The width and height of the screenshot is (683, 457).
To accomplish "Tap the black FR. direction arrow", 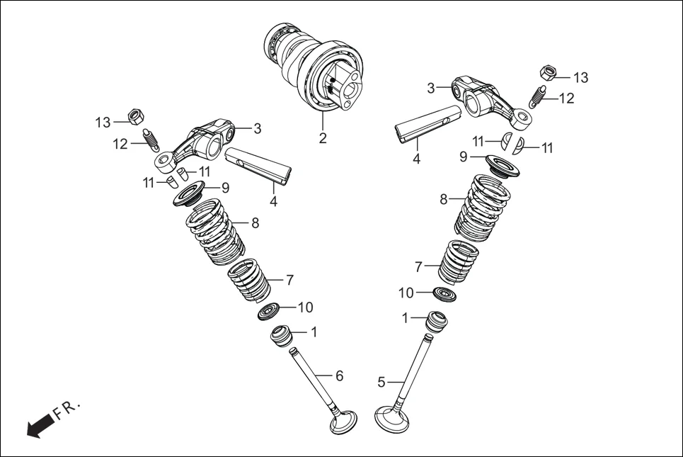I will tap(41, 425).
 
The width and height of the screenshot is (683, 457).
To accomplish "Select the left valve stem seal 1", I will tap(283, 334).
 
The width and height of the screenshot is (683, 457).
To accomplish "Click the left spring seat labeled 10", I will tap(270, 311).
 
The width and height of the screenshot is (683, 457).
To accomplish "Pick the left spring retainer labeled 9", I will tap(189, 193).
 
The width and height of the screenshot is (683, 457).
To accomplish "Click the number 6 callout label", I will tap(339, 376).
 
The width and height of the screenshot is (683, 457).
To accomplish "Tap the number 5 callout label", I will tap(381, 382).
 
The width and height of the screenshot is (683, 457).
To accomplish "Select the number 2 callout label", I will tap(323, 138).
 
